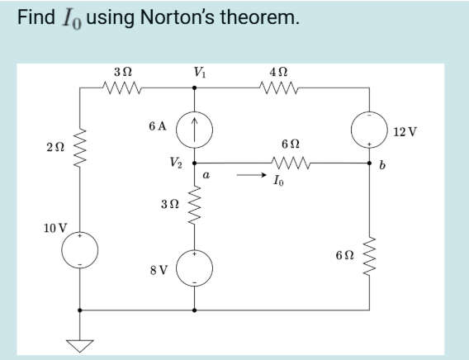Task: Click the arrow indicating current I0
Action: tap(247, 176)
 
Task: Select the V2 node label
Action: tap(178, 163)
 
